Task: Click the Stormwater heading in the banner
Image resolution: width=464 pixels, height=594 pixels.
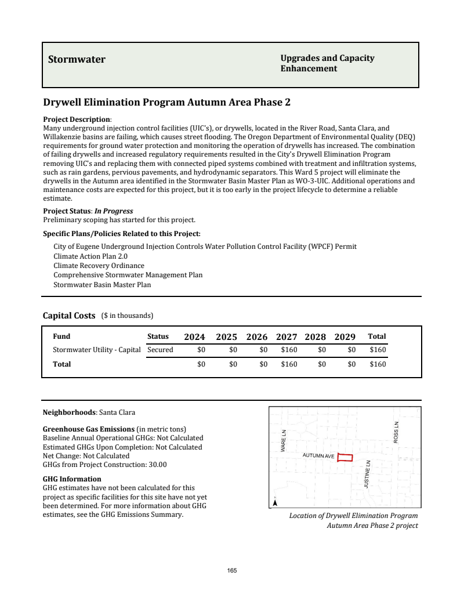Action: pyautogui.click(x=77, y=60)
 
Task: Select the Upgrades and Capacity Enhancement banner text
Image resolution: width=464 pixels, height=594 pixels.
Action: pyautogui.click(x=327, y=63)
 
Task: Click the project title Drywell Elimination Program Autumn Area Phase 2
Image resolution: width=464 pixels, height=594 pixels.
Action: pyautogui.click(x=166, y=103)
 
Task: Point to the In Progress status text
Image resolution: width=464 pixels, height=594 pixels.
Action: pyautogui.click(x=114, y=211)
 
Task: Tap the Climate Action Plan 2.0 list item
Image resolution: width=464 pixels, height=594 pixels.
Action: pyautogui.click(x=90, y=256)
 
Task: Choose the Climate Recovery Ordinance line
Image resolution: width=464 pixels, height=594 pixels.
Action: pyautogui.click(x=99, y=266)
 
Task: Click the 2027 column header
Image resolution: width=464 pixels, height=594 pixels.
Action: pyautogui.click(x=287, y=337)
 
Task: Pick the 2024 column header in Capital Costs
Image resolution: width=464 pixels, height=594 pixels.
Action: pyautogui.click(x=194, y=337)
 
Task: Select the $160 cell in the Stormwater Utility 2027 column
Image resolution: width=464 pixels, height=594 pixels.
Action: pyautogui.click(x=289, y=350)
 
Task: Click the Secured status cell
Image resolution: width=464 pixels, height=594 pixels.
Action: pyautogui.click(x=160, y=350)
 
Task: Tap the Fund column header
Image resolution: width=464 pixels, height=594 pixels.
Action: pyautogui.click(x=61, y=336)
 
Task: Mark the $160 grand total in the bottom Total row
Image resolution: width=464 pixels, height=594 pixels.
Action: pyautogui.click(x=378, y=364)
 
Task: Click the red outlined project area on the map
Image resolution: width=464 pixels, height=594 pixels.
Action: pyautogui.click(x=345, y=457)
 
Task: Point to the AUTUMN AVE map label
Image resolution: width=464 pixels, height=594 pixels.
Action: pyautogui.click(x=318, y=456)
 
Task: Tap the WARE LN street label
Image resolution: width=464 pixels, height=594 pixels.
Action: pyautogui.click(x=284, y=441)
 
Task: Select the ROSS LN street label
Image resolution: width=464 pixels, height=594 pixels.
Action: pyautogui.click(x=396, y=432)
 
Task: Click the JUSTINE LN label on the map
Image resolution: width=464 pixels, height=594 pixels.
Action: pyautogui.click(x=367, y=474)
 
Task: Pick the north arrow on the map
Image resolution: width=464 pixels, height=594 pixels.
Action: pyautogui.click(x=275, y=502)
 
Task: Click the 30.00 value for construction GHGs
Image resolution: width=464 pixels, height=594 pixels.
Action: pyautogui.click(x=157, y=465)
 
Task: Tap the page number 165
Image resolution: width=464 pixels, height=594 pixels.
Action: pyautogui.click(x=232, y=571)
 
